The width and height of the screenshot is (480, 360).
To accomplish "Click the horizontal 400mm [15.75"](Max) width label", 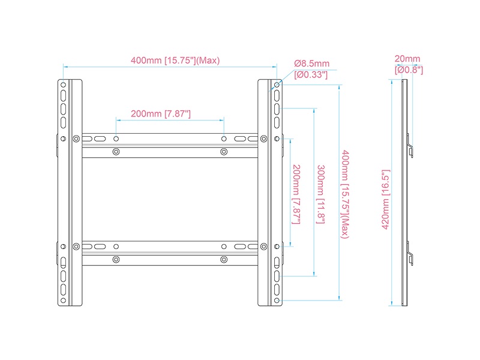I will [x=175, y=61].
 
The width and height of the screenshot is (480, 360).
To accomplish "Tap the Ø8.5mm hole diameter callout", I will [x=311, y=64].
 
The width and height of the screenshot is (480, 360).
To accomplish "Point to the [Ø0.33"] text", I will [x=311, y=74].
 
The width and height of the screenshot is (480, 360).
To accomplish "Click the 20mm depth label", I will [x=407, y=59].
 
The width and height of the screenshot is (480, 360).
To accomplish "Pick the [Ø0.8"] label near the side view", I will [x=409, y=70].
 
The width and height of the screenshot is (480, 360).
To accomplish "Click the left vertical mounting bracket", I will [x=71, y=193].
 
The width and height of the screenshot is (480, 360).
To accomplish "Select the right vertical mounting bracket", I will [x=269, y=193].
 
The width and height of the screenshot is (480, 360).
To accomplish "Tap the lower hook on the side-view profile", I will [x=410, y=253].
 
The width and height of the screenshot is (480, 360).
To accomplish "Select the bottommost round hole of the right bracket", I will [x=277, y=299].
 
